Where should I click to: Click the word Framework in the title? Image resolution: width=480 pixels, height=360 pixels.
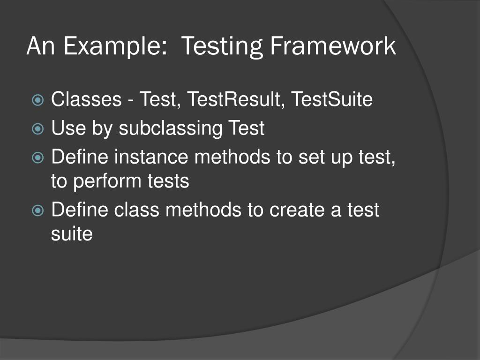333,47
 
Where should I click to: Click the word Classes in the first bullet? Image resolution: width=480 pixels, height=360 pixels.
86,100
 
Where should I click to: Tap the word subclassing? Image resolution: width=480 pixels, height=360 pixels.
171,128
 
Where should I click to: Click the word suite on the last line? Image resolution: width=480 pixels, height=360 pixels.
71,233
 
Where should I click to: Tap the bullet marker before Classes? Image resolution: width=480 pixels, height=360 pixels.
37,100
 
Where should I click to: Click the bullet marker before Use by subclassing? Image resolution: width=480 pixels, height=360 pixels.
37,128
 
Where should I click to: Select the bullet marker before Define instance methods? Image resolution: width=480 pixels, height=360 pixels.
37,157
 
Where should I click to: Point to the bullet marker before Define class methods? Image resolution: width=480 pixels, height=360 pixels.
37,210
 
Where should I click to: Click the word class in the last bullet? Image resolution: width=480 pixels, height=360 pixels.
137,210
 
